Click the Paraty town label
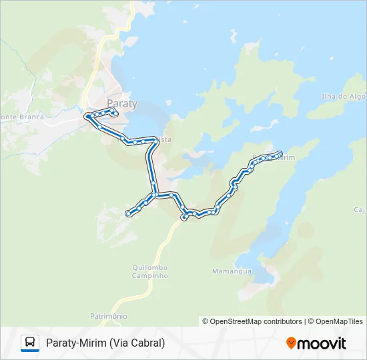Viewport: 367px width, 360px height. [122, 104]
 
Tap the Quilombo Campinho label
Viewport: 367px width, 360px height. [149, 271]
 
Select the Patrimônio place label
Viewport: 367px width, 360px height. [108, 315]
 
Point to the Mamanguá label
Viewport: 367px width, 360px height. [232, 271]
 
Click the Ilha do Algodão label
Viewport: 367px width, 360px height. [343, 96]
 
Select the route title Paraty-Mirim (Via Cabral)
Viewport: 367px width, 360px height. [105, 343]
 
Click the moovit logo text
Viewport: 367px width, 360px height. [322, 343]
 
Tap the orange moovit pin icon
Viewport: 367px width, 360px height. [291, 343]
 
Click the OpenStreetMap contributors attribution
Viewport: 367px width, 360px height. [252, 321]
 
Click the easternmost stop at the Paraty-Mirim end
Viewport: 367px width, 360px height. [280, 153]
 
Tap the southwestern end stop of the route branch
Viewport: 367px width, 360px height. [127, 213]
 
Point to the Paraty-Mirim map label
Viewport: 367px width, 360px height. [274, 159]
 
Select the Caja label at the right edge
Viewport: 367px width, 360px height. [360, 209]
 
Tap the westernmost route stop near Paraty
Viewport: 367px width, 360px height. [86, 116]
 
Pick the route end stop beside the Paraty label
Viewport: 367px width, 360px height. [115, 114]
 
